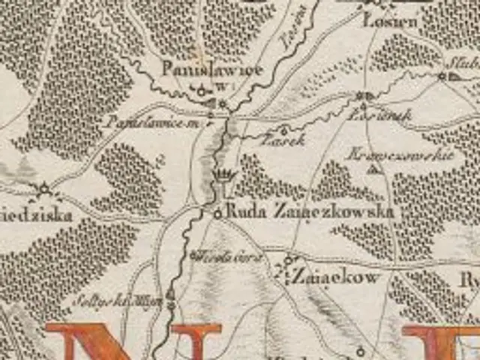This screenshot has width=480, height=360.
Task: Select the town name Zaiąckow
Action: (x=334, y=277)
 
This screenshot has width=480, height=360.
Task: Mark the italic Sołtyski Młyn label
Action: (x=120, y=300)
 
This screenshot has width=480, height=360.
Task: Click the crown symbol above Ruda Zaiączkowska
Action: (x=224, y=176)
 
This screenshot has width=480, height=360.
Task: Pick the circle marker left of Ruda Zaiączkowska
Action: (x=217, y=213)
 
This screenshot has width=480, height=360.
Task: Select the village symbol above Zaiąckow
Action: (x=289, y=260)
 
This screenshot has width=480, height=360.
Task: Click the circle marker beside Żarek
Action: (x=283, y=130)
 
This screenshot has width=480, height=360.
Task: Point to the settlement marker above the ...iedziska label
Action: (x=43, y=187)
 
